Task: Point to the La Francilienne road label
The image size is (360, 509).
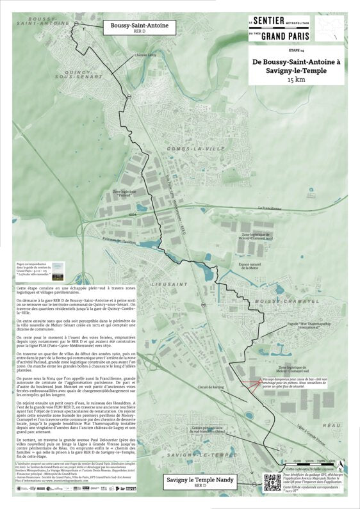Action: [x=270, y=208]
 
